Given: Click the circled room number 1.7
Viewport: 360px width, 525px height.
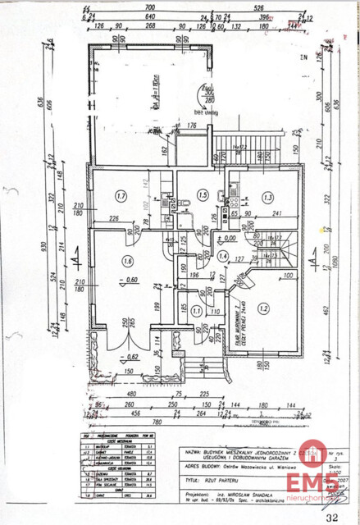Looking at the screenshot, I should [121, 196].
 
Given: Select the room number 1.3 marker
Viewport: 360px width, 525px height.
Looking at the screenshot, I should [267, 197].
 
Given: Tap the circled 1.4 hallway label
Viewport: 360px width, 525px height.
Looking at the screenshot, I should [223, 256].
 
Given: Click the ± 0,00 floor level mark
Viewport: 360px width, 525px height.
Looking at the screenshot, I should [225, 237].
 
